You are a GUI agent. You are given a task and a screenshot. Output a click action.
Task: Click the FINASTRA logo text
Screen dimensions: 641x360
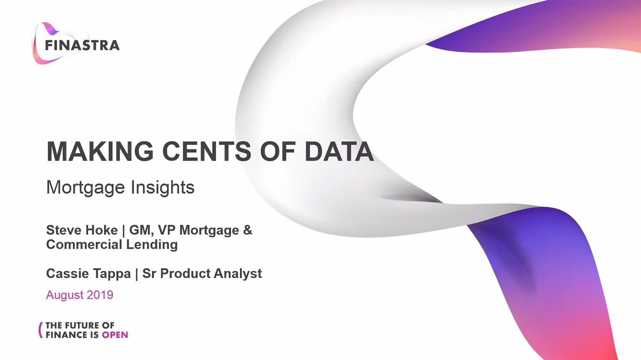pos(82,45)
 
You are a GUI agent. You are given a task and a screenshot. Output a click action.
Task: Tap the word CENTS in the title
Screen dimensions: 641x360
pos(207,151)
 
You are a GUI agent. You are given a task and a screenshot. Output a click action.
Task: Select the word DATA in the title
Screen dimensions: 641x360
pos(339,151)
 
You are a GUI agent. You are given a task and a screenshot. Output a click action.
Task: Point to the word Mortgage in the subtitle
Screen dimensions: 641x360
pos(86,188)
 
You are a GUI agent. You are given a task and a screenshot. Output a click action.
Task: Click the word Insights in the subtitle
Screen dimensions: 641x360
pos(163,187)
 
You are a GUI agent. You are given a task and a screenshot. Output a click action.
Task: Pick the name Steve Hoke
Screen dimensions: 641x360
pos(82,230)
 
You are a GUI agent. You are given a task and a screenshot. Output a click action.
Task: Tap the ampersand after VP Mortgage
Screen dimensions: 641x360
pos(248,230)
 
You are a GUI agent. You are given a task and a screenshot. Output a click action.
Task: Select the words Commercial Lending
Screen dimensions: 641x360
pos(112,244)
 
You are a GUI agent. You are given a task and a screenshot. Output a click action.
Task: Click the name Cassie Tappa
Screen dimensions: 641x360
pos(89,274)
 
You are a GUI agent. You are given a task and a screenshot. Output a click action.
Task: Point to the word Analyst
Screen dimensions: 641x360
pos(237,274)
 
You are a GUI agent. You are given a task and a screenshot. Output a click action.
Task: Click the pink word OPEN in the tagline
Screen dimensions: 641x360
pos(115,335)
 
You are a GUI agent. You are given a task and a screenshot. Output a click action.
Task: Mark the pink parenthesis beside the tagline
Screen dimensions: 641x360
pos(41,330)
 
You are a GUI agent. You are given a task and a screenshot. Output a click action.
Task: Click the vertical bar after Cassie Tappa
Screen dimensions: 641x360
pos(137,274)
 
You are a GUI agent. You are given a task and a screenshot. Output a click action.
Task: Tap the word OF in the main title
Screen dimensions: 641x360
pos(278,151)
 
